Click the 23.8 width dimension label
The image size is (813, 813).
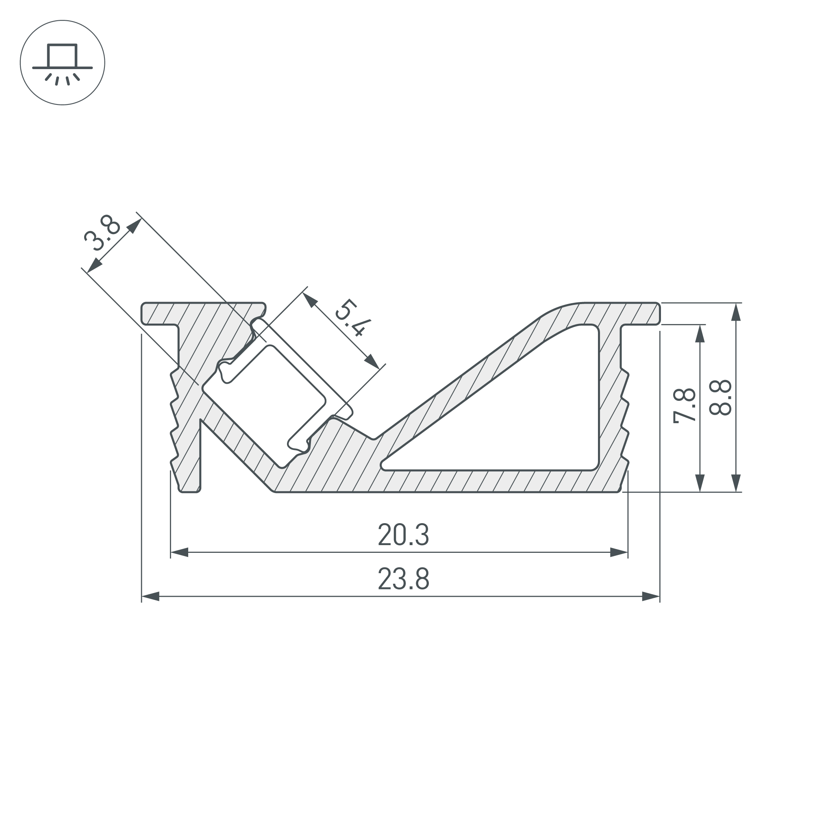(404, 578)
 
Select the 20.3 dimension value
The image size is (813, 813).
(404, 535)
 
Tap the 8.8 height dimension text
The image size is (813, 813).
(720, 398)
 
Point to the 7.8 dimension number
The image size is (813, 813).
(685, 406)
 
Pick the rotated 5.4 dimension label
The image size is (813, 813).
(353, 318)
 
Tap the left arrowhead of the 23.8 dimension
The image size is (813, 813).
(150, 596)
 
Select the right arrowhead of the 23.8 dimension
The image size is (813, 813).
(650, 596)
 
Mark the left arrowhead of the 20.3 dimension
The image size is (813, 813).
(179, 552)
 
